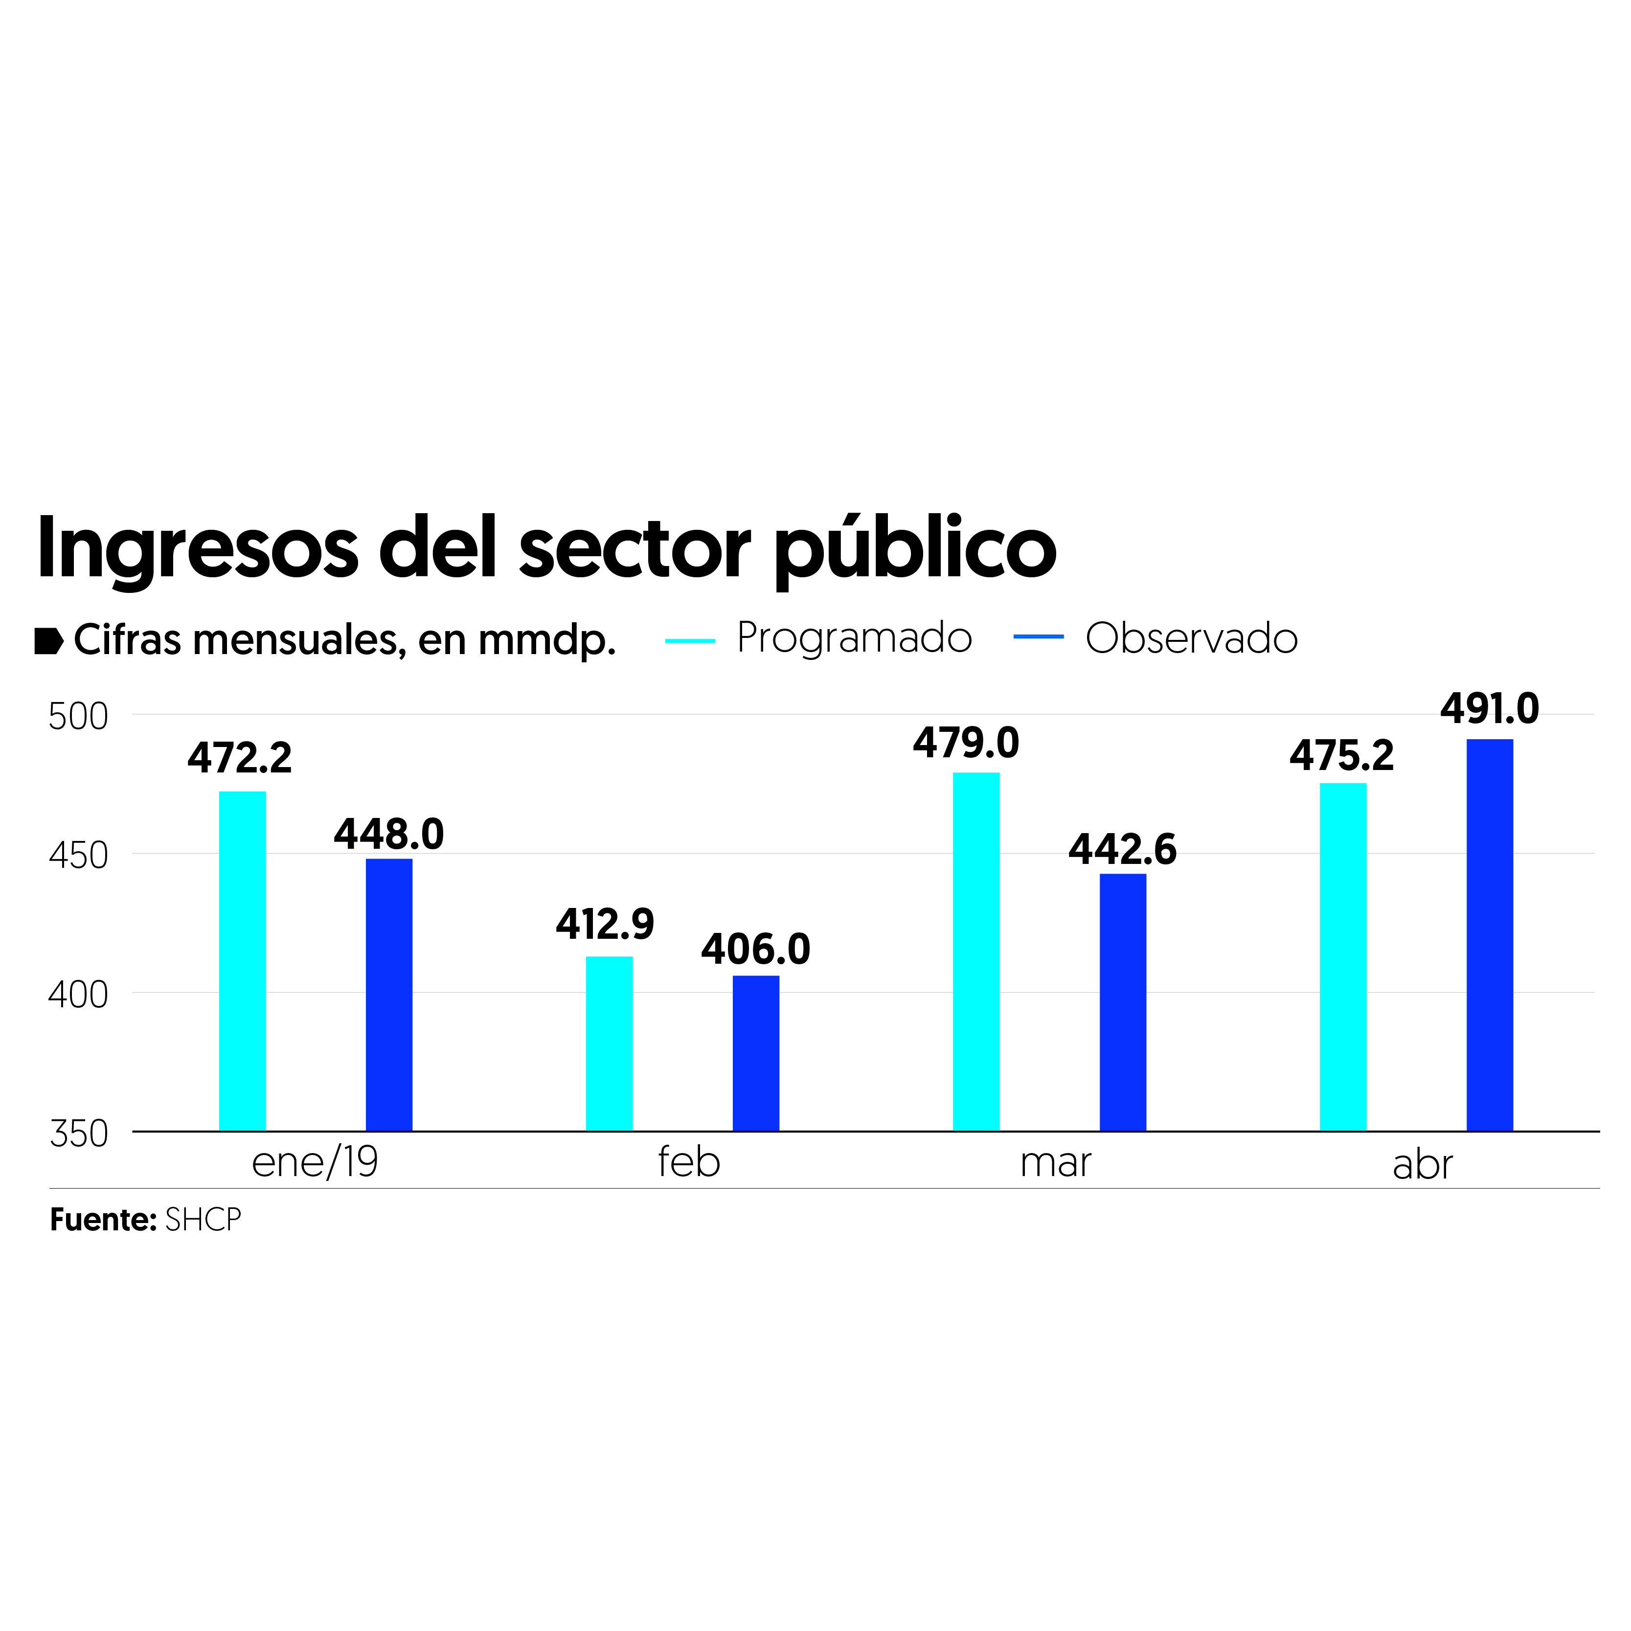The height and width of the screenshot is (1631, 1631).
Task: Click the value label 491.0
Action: pos(1489,709)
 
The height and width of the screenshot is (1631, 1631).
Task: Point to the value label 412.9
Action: pos(605,925)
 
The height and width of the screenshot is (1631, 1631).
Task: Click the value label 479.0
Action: pos(966,743)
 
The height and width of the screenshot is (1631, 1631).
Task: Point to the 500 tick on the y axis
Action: pos(78,717)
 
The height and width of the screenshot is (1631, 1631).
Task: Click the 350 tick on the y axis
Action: pos(78,1134)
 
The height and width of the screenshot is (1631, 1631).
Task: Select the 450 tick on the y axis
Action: pos(78,856)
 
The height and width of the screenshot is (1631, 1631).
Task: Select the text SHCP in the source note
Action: pos(204,1220)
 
